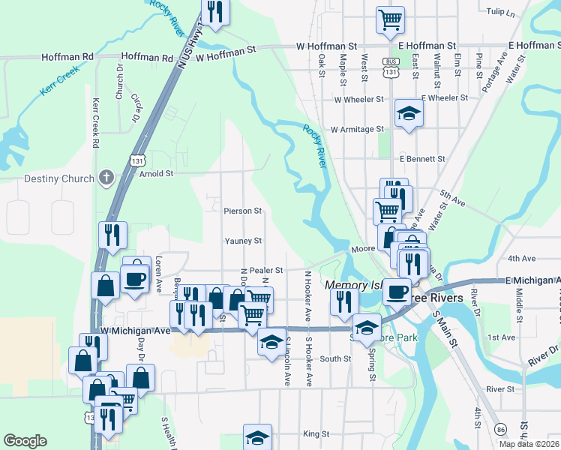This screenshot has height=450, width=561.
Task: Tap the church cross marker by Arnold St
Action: click(106, 178)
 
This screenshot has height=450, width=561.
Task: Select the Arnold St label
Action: click(157, 173)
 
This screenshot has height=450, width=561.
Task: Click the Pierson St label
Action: click(242, 211)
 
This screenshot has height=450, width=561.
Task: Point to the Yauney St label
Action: click(243, 241)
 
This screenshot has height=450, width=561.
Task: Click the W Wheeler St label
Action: click(358, 99)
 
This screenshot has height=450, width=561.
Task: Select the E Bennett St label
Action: click(422, 160)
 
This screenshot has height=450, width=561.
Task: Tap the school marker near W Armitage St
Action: click(409, 113)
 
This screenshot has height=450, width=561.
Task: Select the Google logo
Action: click(25, 441)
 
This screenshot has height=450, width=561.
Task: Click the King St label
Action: click(316, 434)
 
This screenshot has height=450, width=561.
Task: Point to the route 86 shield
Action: click(501, 428)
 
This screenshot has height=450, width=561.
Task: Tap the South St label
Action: click(335, 359)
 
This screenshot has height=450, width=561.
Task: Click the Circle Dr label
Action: click(136, 109)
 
